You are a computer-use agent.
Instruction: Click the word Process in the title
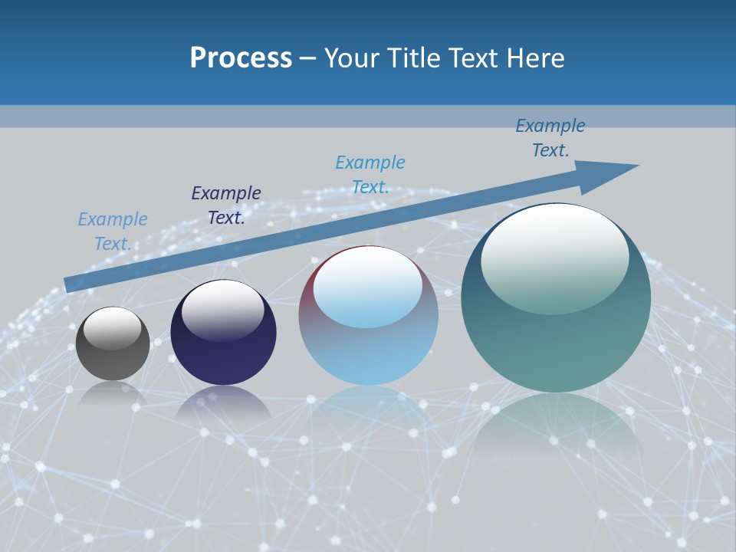tap(241, 58)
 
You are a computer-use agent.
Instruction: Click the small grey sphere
tap(113, 343)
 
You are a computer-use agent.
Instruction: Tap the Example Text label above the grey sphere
tap(112, 232)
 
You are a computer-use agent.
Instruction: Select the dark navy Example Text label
tap(225, 205)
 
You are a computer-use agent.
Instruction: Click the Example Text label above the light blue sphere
tap(370, 175)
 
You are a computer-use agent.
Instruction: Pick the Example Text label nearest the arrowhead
tap(550, 138)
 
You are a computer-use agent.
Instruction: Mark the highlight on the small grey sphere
tap(112, 328)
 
